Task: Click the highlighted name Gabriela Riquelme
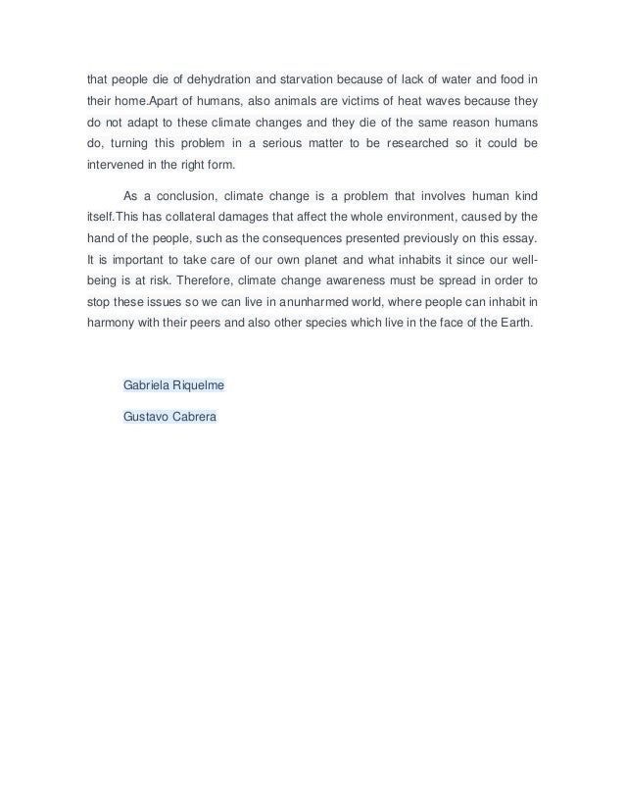click(x=173, y=385)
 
